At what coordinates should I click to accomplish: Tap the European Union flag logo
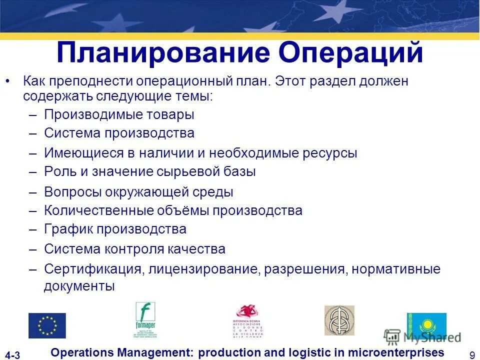[x=47, y=325]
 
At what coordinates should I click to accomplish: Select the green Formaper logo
[x=145, y=320]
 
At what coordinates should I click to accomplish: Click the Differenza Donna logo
[x=248, y=321]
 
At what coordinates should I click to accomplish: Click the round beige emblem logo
[x=339, y=320]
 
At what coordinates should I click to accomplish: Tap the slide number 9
[x=472, y=355]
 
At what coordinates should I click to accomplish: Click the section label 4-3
[x=13, y=355]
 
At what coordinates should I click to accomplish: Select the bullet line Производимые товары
[x=119, y=114]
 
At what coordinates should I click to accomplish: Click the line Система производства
[x=119, y=133]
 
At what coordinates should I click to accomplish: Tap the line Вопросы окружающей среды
[x=138, y=191]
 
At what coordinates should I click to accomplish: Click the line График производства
[x=115, y=229]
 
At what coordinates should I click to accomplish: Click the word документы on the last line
[x=79, y=286]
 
